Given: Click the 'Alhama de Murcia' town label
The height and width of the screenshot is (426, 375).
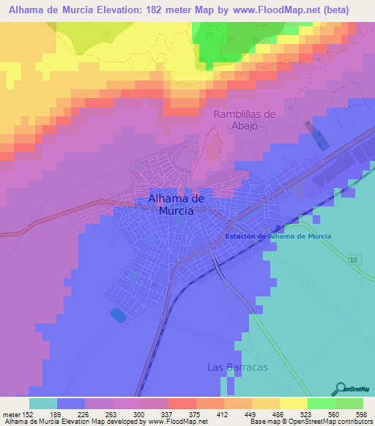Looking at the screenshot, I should (x=171, y=204).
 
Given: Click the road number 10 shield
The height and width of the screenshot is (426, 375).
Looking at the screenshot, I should (x=354, y=260).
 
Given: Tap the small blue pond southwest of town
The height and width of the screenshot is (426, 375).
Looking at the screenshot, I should (x=117, y=315).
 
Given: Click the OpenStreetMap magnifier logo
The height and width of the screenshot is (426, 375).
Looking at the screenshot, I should (x=341, y=389).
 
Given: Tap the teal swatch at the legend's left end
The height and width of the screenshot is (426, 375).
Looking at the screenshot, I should (x=43, y=403).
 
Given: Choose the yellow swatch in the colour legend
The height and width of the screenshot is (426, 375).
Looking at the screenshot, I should (x=294, y=403).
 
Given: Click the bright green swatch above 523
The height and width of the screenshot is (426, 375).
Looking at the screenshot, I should (x=322, y=403).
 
